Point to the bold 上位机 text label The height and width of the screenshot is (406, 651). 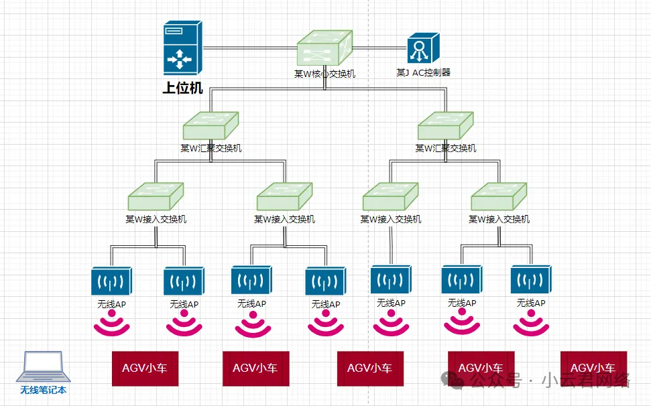182,88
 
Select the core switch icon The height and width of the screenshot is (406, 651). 325,48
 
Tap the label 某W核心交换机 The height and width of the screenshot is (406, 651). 324,74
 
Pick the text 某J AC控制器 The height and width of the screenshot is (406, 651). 423,72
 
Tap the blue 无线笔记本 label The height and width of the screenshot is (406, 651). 44,390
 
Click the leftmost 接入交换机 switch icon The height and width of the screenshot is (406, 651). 156,197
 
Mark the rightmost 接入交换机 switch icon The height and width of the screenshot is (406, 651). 499,197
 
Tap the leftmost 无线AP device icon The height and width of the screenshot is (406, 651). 111,281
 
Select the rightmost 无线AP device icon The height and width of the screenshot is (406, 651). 530,281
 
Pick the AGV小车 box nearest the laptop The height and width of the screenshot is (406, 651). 145,368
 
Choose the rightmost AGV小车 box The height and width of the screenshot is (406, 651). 593,368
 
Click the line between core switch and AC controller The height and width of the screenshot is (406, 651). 379,48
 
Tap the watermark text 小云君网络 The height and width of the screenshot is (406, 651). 586,381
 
